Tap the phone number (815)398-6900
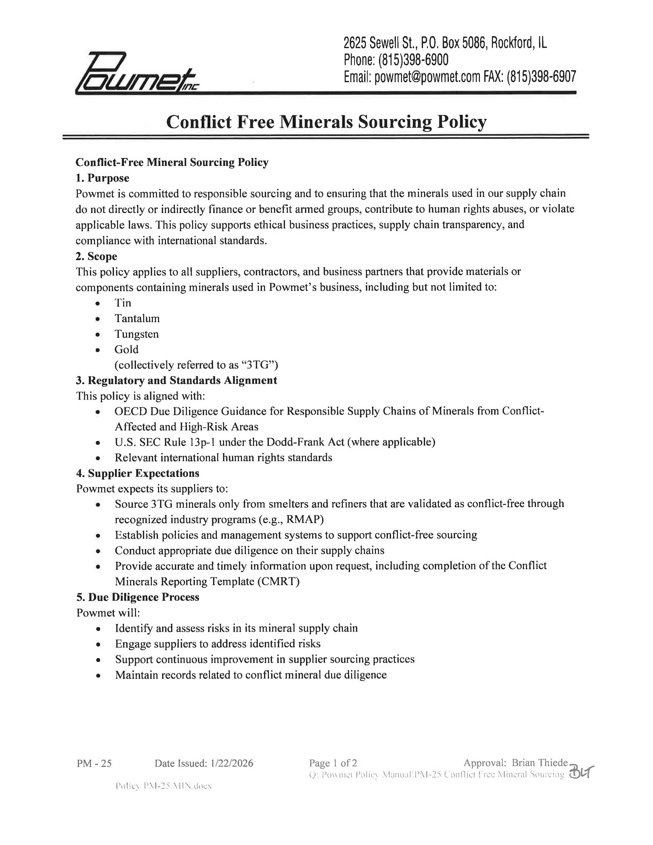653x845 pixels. pyautogui.click(x=413, y=60)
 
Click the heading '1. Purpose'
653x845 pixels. pyautogui.click(x=102, y=178)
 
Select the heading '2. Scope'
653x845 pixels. pyautogui.click(x=96, y=256)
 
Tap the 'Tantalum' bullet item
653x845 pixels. pyautogui.click(x=137, y=319)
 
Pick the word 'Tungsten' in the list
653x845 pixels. pyautogui.click(x=136, y=334)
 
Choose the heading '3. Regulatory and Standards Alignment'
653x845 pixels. pyautogui.click(x=176, y=380)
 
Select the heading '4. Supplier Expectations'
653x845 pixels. pyautogui.click(x=138, y=473)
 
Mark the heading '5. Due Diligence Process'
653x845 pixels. pyautogui.click(x=138, y=597)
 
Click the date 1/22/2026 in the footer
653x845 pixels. pyautogui.click(x=232, y=763)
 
